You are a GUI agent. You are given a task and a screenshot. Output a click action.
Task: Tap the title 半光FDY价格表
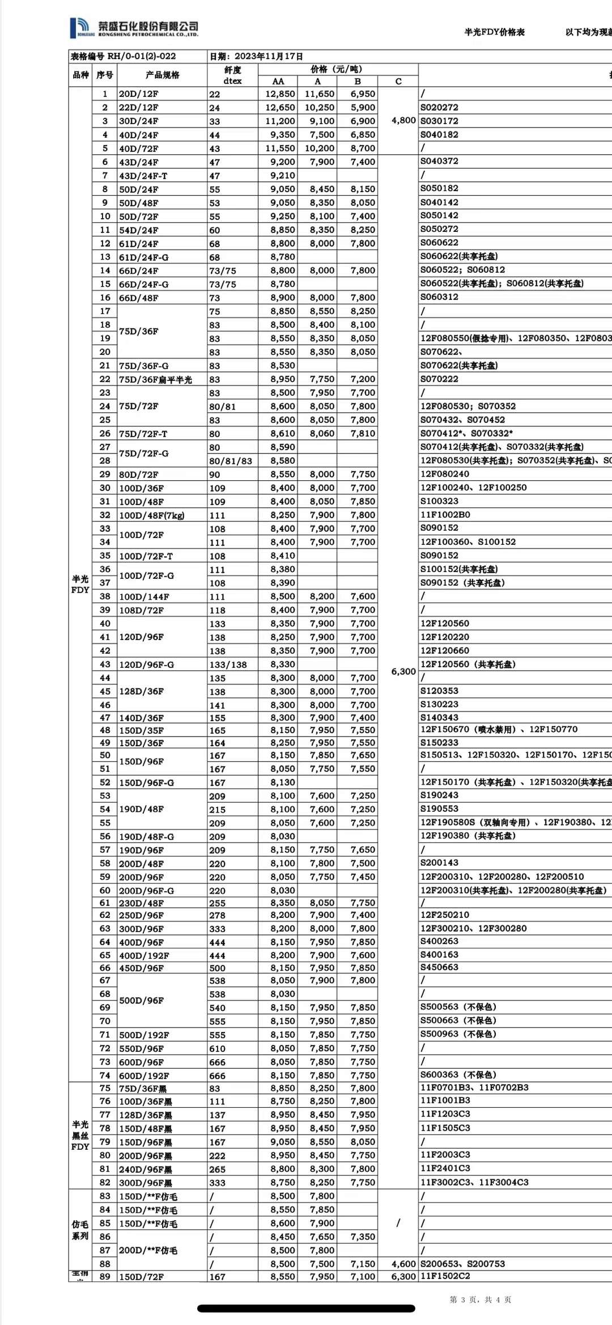[494, 32]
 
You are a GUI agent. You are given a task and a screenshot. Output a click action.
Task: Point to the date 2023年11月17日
[269, 56]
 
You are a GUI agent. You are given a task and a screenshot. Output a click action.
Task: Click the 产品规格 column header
[162, 75]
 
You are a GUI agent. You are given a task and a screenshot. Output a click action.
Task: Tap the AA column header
[278, 81]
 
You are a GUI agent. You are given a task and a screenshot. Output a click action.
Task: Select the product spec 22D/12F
[139, 108]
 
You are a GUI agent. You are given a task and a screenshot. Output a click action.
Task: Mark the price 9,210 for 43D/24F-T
[282, 176]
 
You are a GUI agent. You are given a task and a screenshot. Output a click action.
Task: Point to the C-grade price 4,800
[403, 120]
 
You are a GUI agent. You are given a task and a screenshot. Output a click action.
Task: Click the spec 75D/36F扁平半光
[155, 380]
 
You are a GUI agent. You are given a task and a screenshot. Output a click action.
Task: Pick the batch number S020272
[439, 107]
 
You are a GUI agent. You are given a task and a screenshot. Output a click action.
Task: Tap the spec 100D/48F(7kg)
[151, 515]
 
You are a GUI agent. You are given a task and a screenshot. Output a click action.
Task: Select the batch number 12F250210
[445, 915]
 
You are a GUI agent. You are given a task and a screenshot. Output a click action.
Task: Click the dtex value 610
[217, 1049]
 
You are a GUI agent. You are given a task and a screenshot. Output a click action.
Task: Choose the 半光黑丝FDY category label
[80, 1135]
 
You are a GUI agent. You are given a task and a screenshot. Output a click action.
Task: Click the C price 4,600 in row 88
[403, 1264]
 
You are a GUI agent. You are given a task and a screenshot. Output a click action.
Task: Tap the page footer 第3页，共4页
[480, 1300]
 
